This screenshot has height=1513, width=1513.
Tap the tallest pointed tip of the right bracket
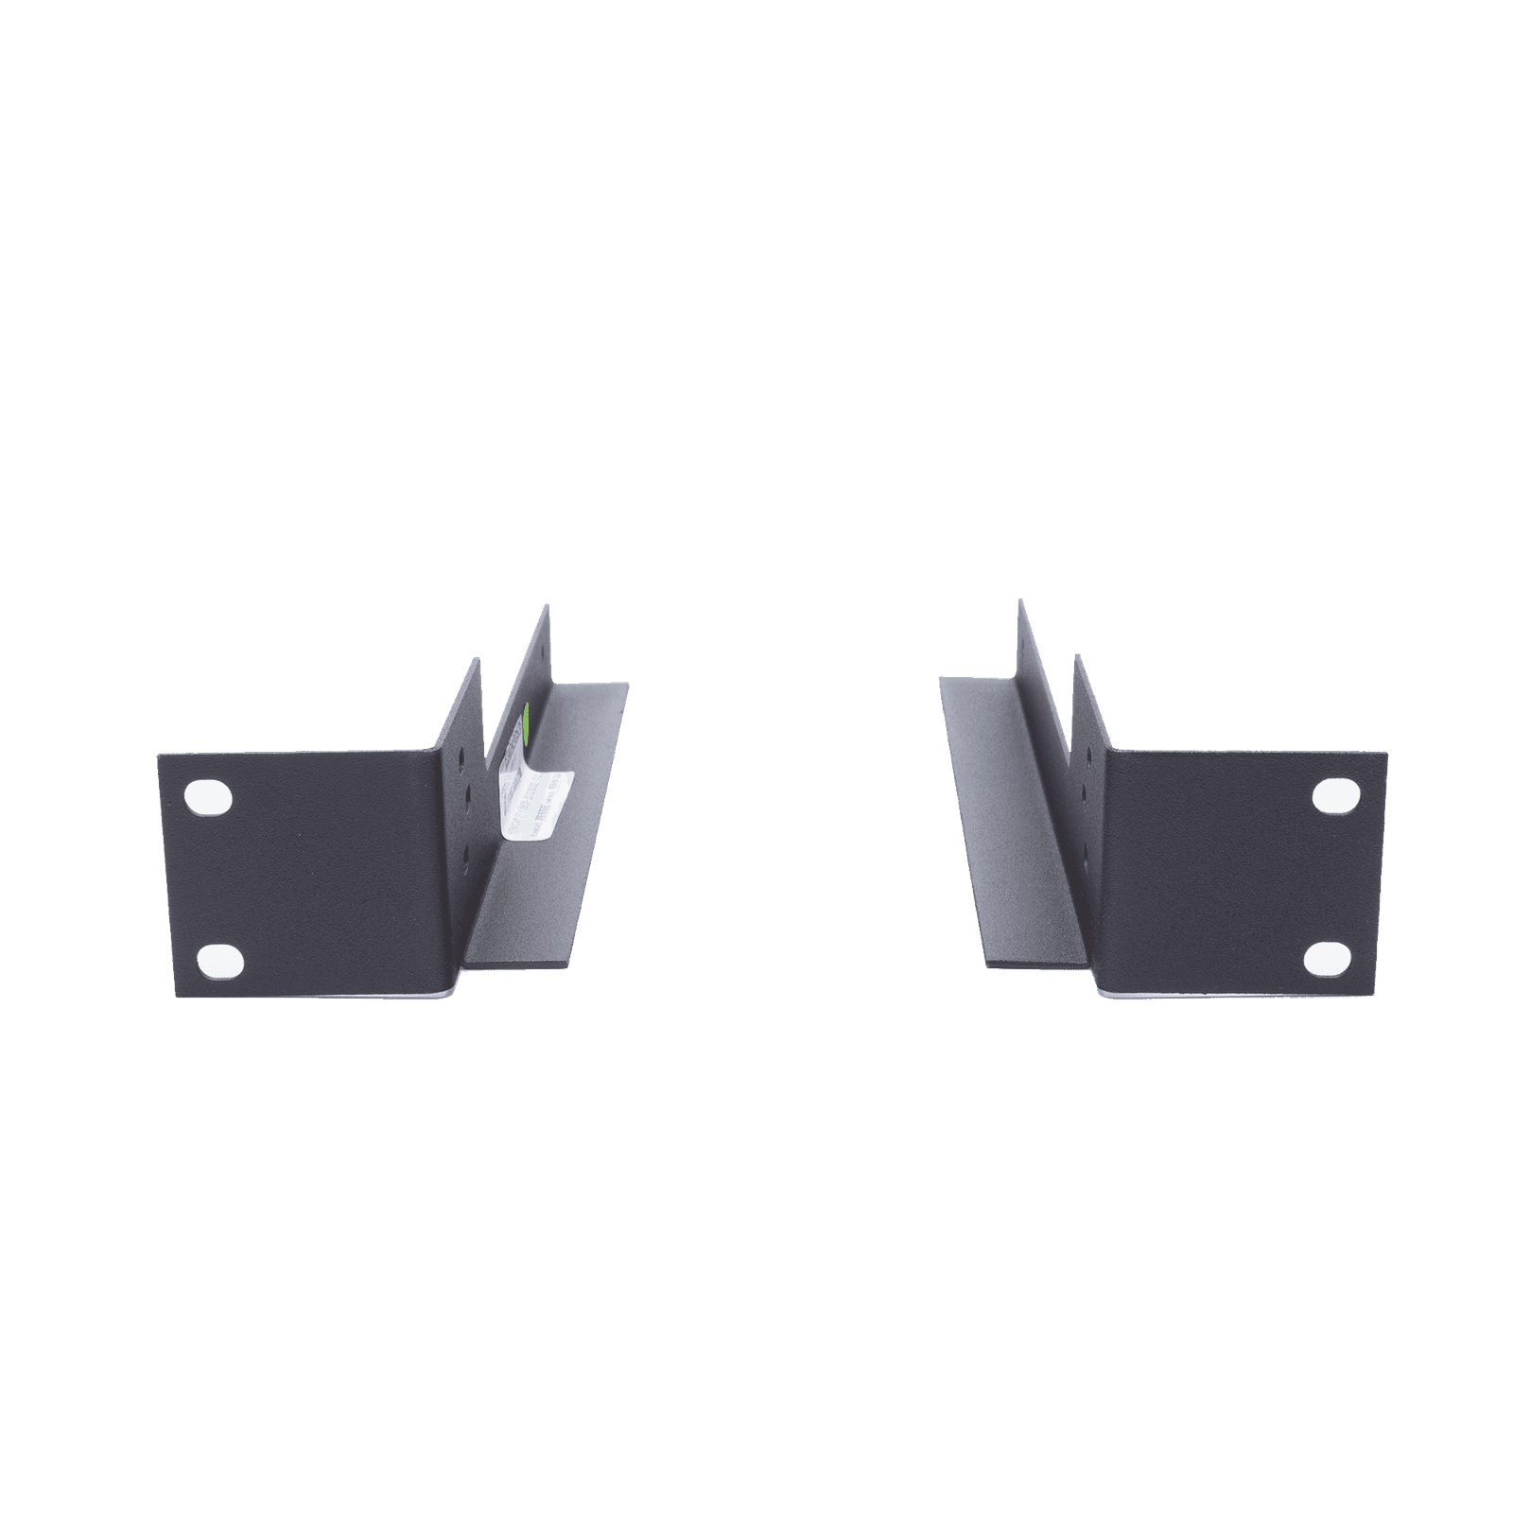pos(1020,600)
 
